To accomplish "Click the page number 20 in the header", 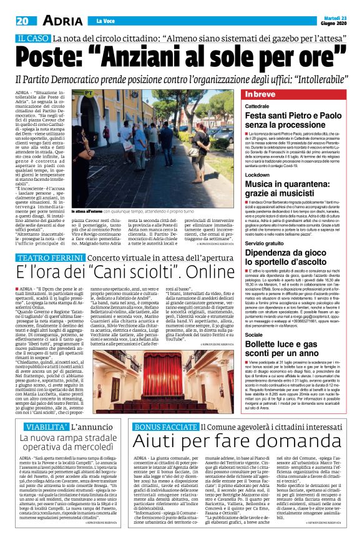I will (22, 21).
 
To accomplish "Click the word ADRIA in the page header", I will (61, 21).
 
